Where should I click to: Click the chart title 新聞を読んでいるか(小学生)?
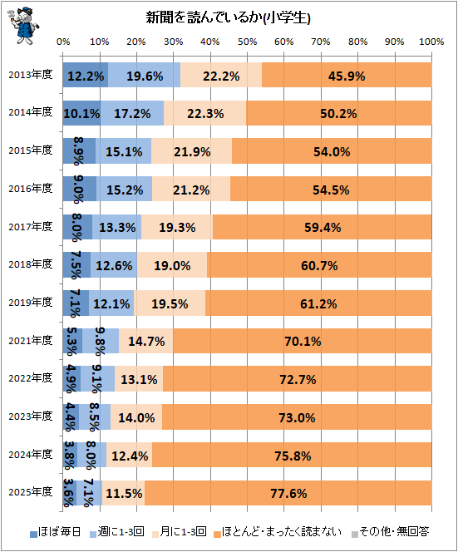point(228,17)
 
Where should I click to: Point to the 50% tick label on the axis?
point(247,42)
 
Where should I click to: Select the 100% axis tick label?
point(431,42)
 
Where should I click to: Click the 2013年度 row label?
point(31,75)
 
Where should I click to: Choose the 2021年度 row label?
point(31,340)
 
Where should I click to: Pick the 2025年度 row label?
point(31,492)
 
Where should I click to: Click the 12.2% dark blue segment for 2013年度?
point(86,75)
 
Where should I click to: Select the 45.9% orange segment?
point(347,75)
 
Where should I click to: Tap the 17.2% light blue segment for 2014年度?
point(132,113)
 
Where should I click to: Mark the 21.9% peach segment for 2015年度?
point(191,151)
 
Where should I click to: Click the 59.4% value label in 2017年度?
point(323,228)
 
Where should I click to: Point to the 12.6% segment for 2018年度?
point(114,264)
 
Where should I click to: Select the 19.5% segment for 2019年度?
point(170,303)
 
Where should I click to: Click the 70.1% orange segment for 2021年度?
point(303,341)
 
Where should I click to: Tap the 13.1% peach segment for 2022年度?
point(139,379)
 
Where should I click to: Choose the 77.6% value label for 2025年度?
point(288,493)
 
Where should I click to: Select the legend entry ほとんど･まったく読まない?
point(278,531)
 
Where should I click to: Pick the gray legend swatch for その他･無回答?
point(355,534)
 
